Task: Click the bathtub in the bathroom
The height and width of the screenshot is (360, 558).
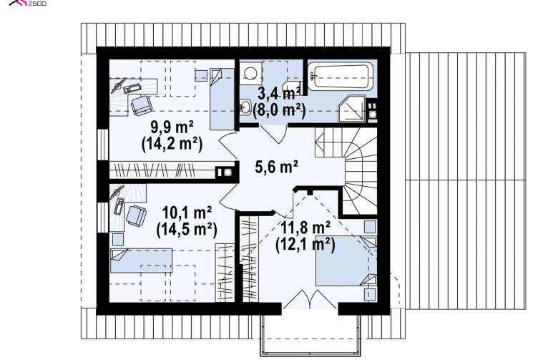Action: pyautogui.click(x=341, y=76)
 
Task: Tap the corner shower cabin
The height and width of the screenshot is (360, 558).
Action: pyautogui.click(x=351, y=109)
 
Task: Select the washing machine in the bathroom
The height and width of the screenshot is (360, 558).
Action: pyautogui.click(x=251, y=73)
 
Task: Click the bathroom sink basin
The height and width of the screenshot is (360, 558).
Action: pyautogui.click(x=245, y=107)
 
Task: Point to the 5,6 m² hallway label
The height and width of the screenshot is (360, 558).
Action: pyautogui.click(x=277, y=166)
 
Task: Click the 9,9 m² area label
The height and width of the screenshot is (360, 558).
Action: pyautogui.click(x=172, y=127)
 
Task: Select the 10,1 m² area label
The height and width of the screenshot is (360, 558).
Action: pyautogui.click(x=187, y=213)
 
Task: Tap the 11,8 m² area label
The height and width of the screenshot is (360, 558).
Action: pyautogui.click(x=305, y=228)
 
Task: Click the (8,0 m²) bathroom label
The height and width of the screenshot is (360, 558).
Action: pyautogui.click(x=279, y=110)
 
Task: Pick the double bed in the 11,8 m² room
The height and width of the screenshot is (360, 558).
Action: pyautogui.click(x=346, y=261)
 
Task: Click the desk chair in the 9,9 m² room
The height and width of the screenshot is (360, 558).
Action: pyautogui.click(x=142, y=105)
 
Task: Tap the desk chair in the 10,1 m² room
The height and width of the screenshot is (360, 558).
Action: pyautogui.click(x=136, y=215)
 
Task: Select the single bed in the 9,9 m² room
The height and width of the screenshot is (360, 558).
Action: pyautogui.click(x=222, y=99)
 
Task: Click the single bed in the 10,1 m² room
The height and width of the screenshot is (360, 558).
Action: pyautogui.click(x=141, y=261)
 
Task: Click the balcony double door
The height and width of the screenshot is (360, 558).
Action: pyautogui.click(x=309, y=299)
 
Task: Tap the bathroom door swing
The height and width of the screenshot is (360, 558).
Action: pyautogui.click(x=273, y=134)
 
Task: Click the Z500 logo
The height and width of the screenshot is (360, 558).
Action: pyautogui.click(x=28, y=3)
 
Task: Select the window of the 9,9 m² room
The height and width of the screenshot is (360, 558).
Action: pyautogui.click(x=103, y=144)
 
